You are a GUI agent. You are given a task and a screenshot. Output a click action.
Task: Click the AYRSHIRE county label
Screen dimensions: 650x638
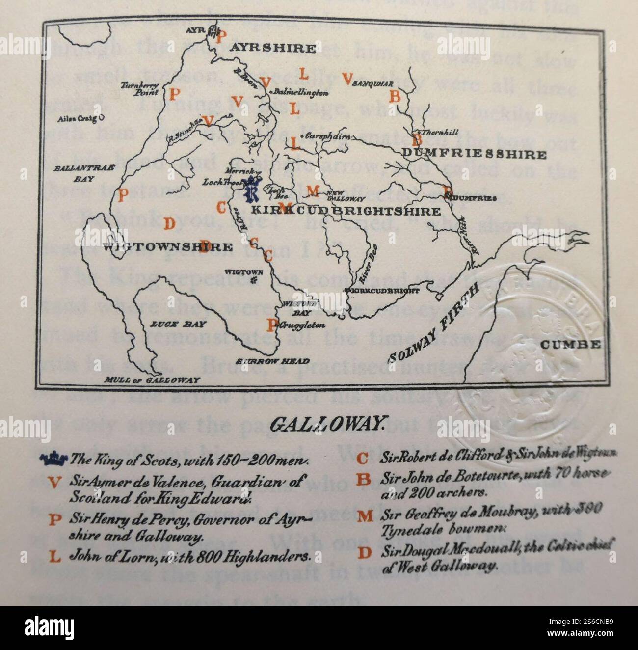273,48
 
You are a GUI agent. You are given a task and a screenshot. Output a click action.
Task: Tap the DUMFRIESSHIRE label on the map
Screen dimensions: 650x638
474,155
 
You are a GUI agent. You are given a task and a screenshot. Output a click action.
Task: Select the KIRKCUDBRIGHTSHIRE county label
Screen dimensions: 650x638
346,212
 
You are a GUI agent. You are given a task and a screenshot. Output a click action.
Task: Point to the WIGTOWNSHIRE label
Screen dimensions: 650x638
168,247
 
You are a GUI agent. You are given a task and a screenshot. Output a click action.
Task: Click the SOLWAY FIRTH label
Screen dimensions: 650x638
431,325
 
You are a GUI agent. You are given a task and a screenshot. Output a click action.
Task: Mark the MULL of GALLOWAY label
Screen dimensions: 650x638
153,380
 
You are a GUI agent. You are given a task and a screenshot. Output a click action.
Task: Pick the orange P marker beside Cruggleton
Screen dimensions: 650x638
271,325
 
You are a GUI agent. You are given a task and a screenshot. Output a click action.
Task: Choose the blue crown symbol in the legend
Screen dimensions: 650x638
54,459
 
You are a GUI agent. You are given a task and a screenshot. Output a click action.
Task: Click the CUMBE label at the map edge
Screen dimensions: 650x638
570,344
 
